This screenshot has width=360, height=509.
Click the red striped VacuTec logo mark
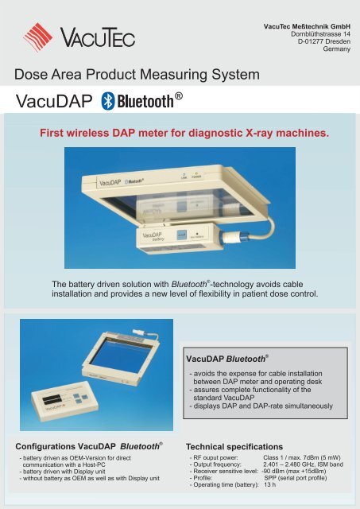tap(42, 36)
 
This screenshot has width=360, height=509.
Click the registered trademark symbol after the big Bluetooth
tap(180, 95)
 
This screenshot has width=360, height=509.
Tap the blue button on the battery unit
tap(180, 235)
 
